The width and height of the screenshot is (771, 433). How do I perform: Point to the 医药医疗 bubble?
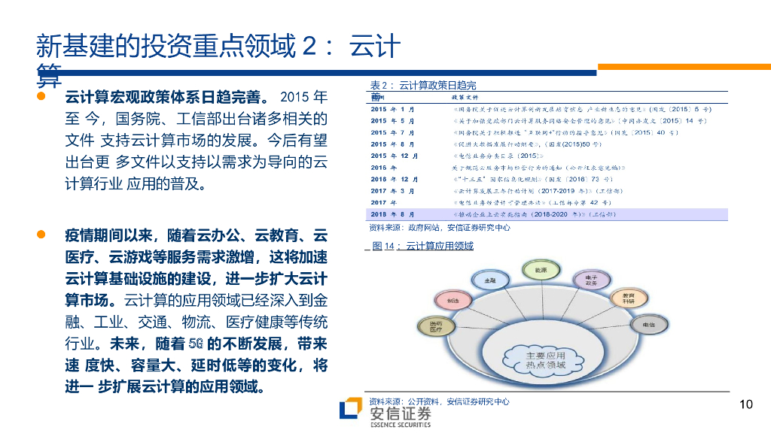click(436, 326)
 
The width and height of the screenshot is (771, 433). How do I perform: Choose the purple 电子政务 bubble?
click(590, 280)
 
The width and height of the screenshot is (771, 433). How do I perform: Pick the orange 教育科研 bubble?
click(628, 298)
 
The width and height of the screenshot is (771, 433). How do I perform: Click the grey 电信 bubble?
click(648, 325)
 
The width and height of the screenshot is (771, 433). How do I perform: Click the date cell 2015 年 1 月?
click(392, 109)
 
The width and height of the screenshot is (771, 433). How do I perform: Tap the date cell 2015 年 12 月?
click(395, 156)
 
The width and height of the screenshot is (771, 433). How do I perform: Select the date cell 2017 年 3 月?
click(392, 191)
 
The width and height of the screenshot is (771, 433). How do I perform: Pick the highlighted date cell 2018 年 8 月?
click(392, 214)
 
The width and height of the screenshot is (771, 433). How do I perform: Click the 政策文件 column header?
click(465, 97)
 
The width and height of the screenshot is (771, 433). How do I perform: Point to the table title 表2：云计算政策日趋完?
click(422, 85)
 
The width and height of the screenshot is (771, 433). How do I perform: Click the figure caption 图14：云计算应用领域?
click(423, 246)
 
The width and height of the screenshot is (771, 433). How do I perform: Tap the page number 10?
click(745, 404)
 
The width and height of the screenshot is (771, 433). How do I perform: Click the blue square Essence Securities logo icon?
click(350, 410)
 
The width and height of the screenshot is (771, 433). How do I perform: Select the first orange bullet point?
click(43, 97)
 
